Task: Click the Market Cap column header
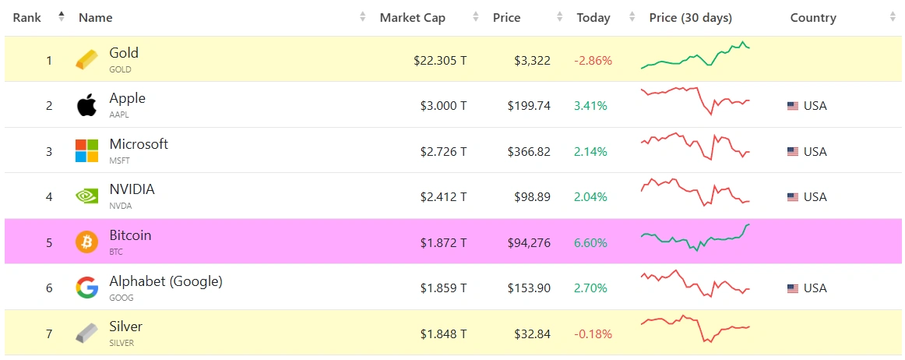click(412, 18)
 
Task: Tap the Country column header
click(812, 18)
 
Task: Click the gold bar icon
click(86, 59)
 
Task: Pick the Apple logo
click(86, 105)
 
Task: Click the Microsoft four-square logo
click(86, 150)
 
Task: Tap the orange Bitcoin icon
click(86, 242)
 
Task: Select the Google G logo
click(86, 288)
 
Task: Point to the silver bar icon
click(86, 333)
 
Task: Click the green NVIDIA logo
click(86, 196)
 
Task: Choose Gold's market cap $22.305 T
click(440, 60)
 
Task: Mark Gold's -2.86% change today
click(593, 60)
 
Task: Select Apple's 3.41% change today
click(590, 106)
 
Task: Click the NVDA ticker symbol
click(121, 206)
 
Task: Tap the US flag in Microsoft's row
click(793, 152)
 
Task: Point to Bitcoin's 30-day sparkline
click(695, 237)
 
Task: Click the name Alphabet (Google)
click(166, 281)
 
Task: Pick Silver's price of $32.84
click(532, 334)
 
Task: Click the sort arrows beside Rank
click(62, 17)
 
